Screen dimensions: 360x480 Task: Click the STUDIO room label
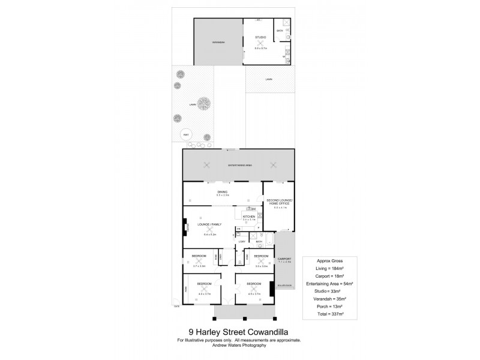pyautogui.click(x=260, y=37)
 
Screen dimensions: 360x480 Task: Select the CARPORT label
pyautogui.click(x=284, y=259)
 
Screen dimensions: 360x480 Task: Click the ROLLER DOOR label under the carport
pyautogui.click(x=284, y=284)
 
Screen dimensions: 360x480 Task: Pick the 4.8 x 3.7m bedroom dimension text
pyautogui.click(x=205, y=294)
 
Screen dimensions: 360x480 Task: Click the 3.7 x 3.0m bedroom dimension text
pyautogui.click(x=199, y=266)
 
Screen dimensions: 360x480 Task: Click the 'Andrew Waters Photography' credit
pyautogui.click(x=239, y=345)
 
